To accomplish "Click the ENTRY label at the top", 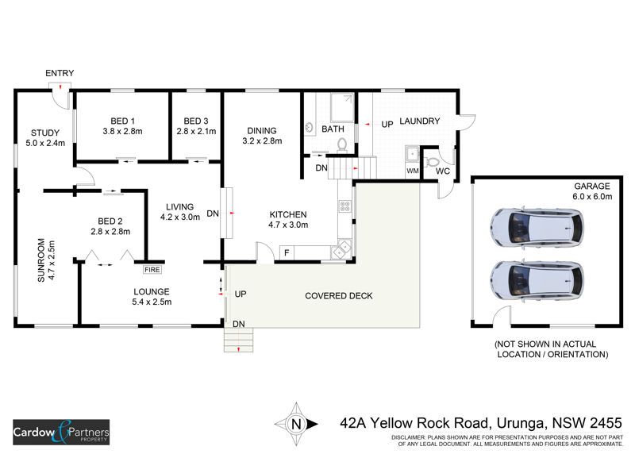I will pyautogui.click(x=60, y=73).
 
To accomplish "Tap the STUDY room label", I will pyautogui.click(x=45, y=133).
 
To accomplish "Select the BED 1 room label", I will pyautogui.click(x=122, y=121).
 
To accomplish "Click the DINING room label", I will pyautogui.click(x=261, y=131).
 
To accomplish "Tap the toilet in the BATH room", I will pyautogui.click(x=342, y=144).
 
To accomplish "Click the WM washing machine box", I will pyautogui.click(x=412, y=170).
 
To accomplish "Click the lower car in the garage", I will pyautogui.click(x=536, y=279).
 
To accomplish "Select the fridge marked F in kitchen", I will pyautogui.click(x=286, y=252).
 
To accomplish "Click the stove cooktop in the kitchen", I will pyautogui.click(x=346, y=206).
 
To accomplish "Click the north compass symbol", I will pyautogui.click(x=296, y=423).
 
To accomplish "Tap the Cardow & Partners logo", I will pyautogui.click(x=61, y=433).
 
